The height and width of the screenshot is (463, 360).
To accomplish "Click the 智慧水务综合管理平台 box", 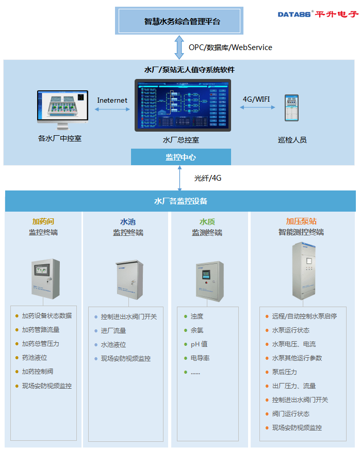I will click(x=179, y=21).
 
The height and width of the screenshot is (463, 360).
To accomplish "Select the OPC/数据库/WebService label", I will click(x=230, y=47).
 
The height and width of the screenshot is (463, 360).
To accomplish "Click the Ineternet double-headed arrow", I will click(x=112, y=109).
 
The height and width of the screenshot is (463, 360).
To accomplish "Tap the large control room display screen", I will click(x=183, y=105).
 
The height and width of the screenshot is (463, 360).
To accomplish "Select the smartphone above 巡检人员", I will click(x=292, y=108).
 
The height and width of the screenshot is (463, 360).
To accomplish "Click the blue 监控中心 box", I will click(x=181, y=157).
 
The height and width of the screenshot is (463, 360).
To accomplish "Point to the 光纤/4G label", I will click(x=207, y=178).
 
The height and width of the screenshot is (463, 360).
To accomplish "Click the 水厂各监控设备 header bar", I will click(x=180, y=201).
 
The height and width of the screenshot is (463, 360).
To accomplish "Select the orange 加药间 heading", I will click(x=43, y=221).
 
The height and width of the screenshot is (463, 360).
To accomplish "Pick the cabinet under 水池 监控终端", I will click(x=128, y=280).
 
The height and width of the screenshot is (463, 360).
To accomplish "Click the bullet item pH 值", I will click(x=199, y=344).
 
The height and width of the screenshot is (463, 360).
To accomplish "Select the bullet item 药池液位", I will click(x=35, y=358).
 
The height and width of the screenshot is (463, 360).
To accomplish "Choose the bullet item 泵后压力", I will click(x=284, y=372).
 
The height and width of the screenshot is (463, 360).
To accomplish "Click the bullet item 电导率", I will click(x=200, y=358).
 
